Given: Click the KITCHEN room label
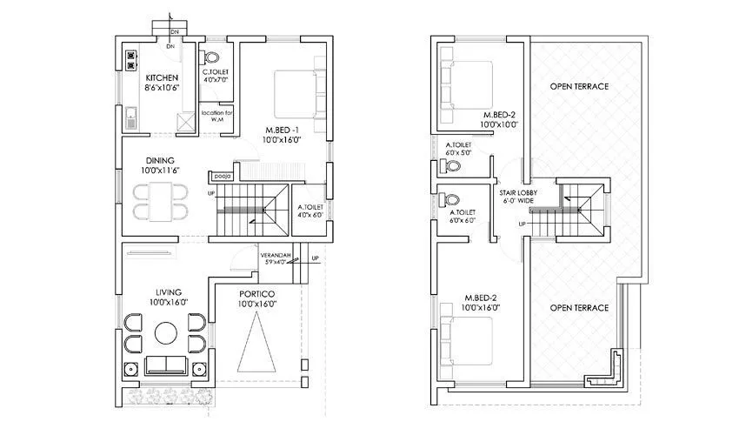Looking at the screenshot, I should pos(162,78).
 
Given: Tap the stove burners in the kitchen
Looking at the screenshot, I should pos(131,59).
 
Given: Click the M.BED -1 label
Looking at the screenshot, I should pos(283,130).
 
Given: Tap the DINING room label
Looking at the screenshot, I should pos(161,161).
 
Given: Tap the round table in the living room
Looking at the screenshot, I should pos(165,331).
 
